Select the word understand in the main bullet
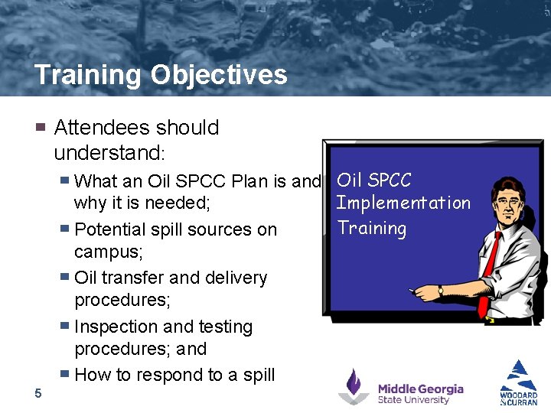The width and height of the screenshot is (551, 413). (106, 153)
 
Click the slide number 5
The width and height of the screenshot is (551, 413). (38, 393)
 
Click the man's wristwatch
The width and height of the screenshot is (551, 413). (441, 291)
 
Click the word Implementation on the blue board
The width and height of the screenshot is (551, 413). (403, 203)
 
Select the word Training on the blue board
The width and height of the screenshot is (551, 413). (372, 228)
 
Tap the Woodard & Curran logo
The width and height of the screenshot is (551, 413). (519, 382)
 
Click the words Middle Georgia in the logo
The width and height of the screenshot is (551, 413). (420, 389)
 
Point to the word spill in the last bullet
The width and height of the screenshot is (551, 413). (259, 375)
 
